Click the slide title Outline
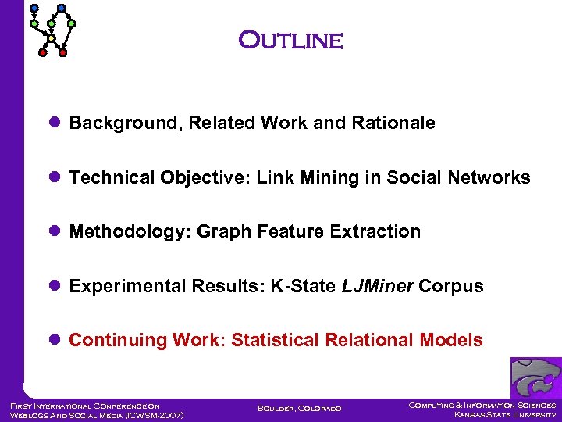point(290,40)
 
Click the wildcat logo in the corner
point(535,377)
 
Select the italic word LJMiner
point(377,287)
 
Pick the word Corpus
point(451,287)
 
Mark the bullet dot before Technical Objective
point(55,178)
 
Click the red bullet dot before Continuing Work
point(55,341)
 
